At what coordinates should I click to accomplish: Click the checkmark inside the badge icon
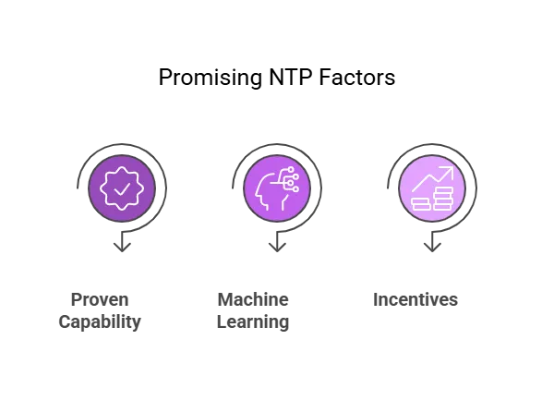click(122, 188)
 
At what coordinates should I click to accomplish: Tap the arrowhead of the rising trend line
click(450, 170)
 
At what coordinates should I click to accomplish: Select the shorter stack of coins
click(421, 203)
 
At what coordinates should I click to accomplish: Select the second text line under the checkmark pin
click(99, 324)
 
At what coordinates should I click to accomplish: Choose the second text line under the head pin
click(254, 324)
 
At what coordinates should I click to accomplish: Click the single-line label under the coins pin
click(413, 302)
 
